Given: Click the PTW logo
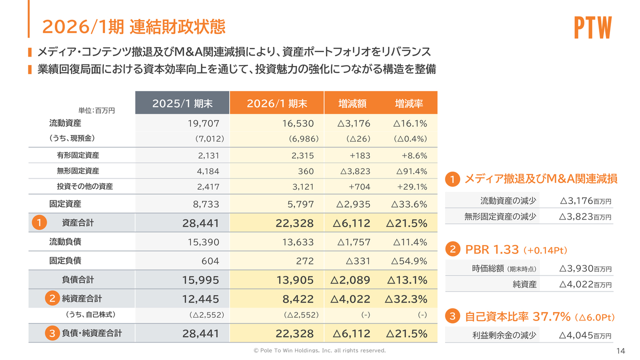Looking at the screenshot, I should tap(592, 28).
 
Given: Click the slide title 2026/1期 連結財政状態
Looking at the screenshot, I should tap(133, 26).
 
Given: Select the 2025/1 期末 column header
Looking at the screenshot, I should tap(182, 103).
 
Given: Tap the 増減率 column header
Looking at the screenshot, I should tap(408, 103).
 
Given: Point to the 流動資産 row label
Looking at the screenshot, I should tap(65, 123).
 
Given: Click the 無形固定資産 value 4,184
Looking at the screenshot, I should tap(208, 171).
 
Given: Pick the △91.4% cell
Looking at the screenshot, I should tap(411, 171).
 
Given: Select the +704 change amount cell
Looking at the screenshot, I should tap(360, 187).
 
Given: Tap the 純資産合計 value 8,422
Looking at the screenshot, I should tap(298, 299).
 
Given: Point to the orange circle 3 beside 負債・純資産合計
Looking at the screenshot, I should tap(51, 333).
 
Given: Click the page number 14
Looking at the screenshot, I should tap(621, 350).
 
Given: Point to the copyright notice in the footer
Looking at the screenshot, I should tap(320, 350).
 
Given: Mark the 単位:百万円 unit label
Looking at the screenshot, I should tap(96, 110).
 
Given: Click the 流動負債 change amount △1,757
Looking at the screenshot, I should tap(353, 242).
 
